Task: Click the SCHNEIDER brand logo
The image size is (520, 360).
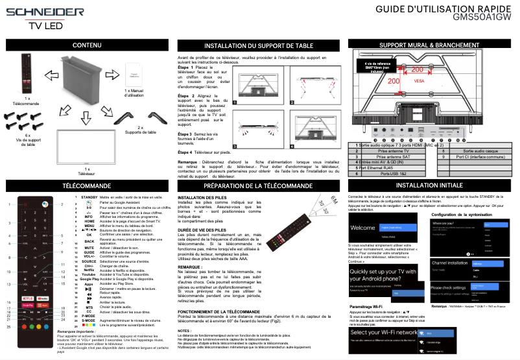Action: tap(40, 13)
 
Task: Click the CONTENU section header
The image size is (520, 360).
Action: tap(87, 46)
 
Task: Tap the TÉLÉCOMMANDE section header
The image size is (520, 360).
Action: tap(87, 186)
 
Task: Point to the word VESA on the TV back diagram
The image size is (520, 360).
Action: tap(419, 81)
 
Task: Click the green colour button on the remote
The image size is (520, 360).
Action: tap(29, 320)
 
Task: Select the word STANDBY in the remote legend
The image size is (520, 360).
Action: tap(89, 197)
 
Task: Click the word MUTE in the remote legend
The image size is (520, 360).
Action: tap(89, 247)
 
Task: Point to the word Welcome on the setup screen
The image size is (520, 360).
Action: tap(364, 228)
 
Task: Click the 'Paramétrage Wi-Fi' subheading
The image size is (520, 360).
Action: tap(371, 306)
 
